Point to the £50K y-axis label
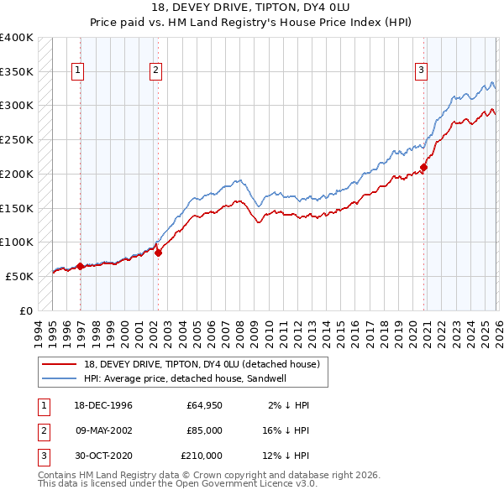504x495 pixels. (19, 276)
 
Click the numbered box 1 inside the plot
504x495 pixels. (77, 71)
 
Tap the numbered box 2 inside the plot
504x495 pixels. (156, 71)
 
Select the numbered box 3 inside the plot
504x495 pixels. (420, 71)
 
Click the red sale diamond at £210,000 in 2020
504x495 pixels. (424, 167)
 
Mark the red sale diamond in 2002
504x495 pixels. (158, 253)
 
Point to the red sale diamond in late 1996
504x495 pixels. (81, 266)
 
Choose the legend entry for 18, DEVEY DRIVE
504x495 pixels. (202, 365)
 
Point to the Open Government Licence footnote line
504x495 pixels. (177, 484)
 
